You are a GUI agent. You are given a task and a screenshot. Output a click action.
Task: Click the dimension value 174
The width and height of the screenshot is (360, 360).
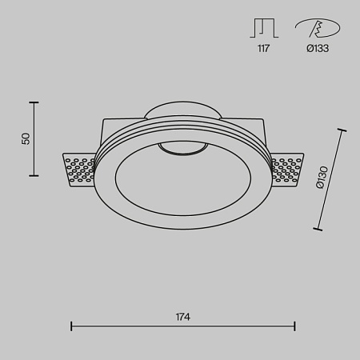click(182, 317)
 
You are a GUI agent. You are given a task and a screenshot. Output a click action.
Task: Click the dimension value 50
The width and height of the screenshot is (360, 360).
click(26, 138)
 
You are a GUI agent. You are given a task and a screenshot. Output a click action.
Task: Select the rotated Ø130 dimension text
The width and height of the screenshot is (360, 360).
click(321, 177)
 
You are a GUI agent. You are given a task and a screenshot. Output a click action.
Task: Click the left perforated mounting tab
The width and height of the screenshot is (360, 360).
click(80, 170)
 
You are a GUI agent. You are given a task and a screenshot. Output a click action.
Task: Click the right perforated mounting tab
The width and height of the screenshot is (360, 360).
click(288, 170)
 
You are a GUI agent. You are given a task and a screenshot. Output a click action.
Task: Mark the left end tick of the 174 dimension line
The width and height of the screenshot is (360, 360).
click(72, 326)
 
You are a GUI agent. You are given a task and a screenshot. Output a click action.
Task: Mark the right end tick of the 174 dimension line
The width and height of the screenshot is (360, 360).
click(295, 326)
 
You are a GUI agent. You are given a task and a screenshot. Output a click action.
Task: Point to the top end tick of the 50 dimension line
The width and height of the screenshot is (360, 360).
click(34, 102)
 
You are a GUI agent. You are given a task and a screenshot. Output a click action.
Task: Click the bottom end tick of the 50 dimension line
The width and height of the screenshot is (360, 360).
click(34, 174)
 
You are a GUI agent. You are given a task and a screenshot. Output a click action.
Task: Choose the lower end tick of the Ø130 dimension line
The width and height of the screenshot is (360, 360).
click(318, 230)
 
